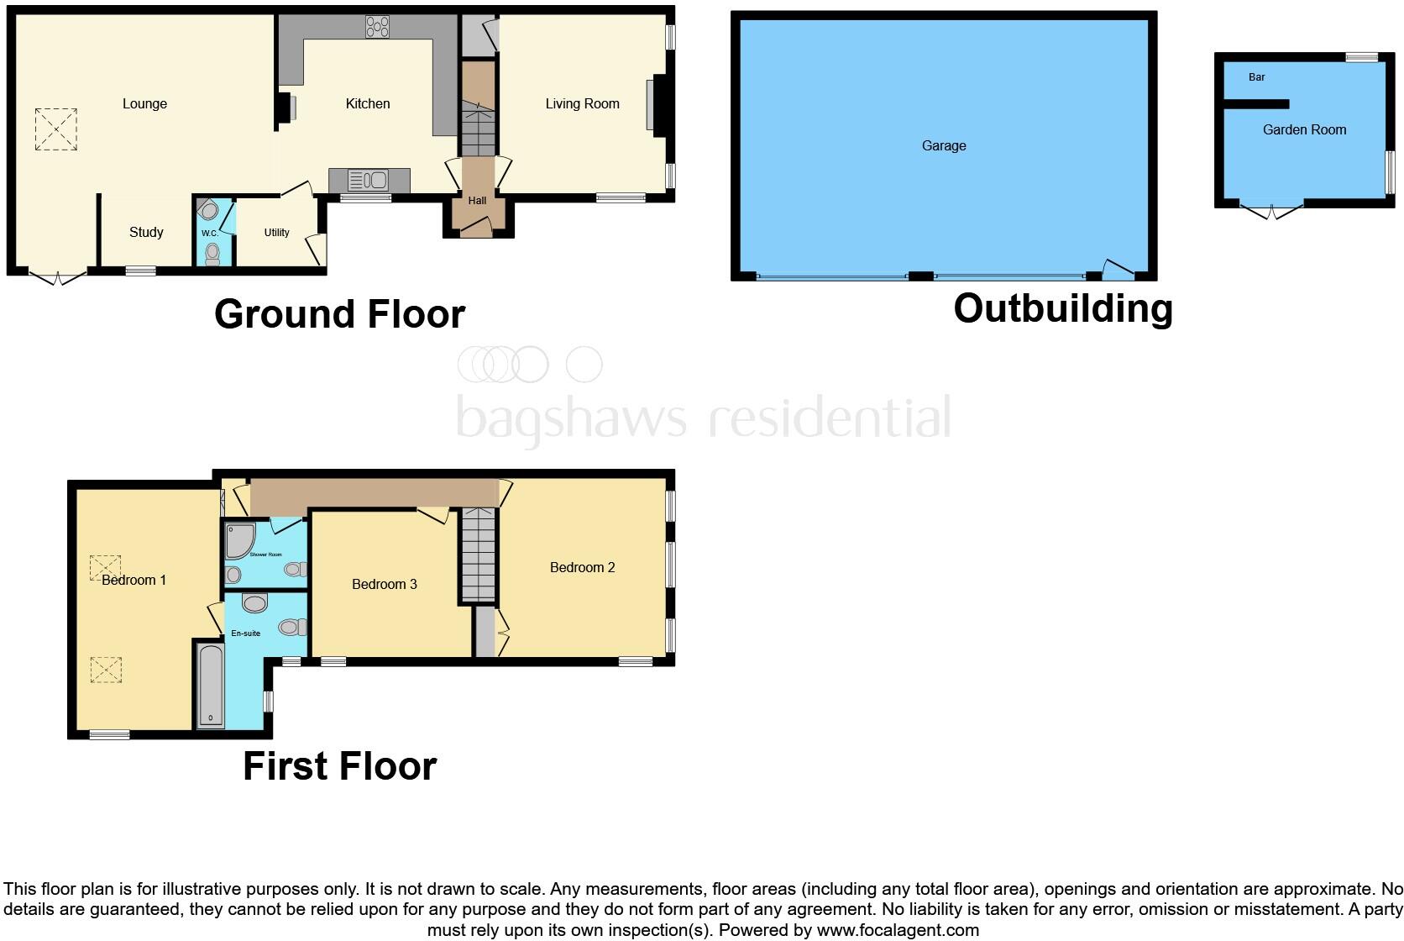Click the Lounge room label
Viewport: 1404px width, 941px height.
pos(144,104)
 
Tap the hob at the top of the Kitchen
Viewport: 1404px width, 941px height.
pos(377,28)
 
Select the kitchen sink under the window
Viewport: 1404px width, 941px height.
pos(367,180)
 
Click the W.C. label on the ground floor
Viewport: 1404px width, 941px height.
pos(209,233)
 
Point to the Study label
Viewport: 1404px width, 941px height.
pos(146,233)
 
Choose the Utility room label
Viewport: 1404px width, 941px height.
pos(276,233)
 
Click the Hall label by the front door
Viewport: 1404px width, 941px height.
pos(477,201)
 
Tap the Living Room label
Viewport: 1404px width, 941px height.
pos(582,104)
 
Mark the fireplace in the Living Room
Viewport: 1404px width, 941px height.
pos(652,105)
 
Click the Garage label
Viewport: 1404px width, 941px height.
pos(944,146)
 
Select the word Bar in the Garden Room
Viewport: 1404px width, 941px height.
pos(1256,77)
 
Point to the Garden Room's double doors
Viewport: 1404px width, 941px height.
pos(1272,210)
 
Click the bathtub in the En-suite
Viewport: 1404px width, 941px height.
pos(210,685)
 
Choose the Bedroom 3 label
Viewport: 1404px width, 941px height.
pos(384,585)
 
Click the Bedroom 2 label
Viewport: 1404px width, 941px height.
pos(582,568)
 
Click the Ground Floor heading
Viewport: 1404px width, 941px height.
pos(339,314)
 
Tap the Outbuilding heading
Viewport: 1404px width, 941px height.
pos(1062,308)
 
